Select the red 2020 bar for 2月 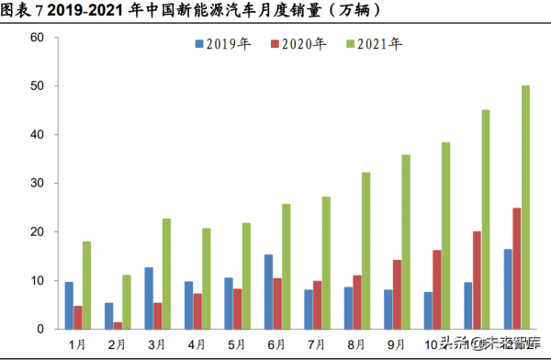[x=118, y=325]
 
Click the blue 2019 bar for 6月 [x=268, y=291]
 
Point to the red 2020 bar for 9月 [x=397, y=294]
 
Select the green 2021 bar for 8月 [x=366, y=250]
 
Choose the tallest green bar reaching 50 [x=525, y=207]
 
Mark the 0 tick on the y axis [x=40, y=329]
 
